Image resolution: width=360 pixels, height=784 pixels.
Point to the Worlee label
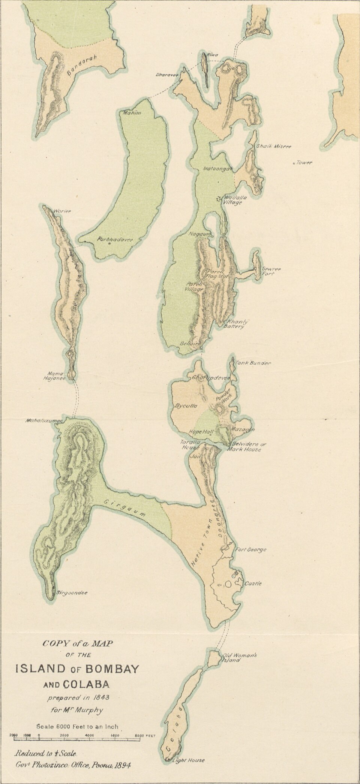tap(63, 211)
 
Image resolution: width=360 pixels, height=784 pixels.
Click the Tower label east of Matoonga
tap(304, 163)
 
